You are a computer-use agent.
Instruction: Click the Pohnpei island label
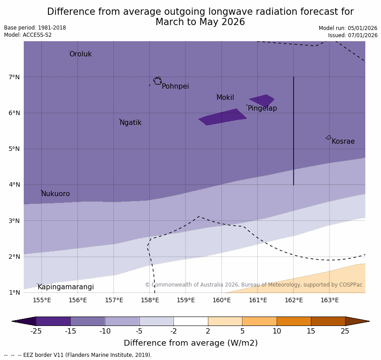pos(175,86)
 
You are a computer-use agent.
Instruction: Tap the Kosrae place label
pos(343,141)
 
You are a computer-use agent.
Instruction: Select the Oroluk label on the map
pos(80,54)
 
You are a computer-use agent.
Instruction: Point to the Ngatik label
pos(130,123)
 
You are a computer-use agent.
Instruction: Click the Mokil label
pos(225,98)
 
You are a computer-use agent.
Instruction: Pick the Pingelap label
pos(262,108)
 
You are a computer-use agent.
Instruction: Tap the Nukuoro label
pos(56,194)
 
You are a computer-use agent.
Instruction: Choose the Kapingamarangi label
pos(65,287)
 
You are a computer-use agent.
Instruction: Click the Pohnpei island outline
pos(157,81)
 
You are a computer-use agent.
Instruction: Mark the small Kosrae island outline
pos(329,137)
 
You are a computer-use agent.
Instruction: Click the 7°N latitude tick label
pos(14,77)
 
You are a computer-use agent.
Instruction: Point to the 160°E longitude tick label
pos(221,300)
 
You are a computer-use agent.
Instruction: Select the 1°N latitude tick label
pos(14,292)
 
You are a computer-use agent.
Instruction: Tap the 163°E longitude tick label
pos(329,300)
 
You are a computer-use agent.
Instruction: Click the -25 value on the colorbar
pos(36,331)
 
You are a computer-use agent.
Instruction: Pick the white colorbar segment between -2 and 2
pos(190,321)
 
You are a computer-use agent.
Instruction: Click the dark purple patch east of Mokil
pos(262,100)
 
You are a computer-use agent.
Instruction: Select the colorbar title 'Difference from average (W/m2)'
pos(190,343)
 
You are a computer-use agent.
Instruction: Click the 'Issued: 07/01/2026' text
pos(352,35)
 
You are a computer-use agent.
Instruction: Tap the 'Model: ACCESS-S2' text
pos(28,35)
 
